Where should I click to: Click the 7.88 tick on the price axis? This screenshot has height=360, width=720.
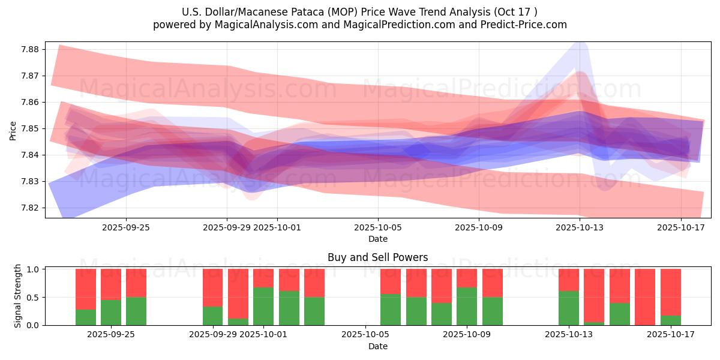click(x=30, y=49)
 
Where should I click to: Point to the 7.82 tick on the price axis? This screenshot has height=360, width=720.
click(x=30, y=208)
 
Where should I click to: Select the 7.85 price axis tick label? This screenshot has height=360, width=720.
click(x=30, y=128)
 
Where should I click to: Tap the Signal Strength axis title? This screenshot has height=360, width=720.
click(x=18, y=296)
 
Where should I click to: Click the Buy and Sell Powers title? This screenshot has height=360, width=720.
click(x=377, y=257)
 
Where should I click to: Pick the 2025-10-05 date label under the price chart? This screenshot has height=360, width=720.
click(x=378, y=227)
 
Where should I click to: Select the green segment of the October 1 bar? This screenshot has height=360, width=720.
click(x=263, y=306)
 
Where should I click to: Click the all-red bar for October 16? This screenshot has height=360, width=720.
click(x=645, y=297)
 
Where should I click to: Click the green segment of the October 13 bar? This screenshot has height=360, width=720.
click(x=569, y=308)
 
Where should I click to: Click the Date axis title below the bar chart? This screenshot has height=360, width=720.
click(x=377, y=346)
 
